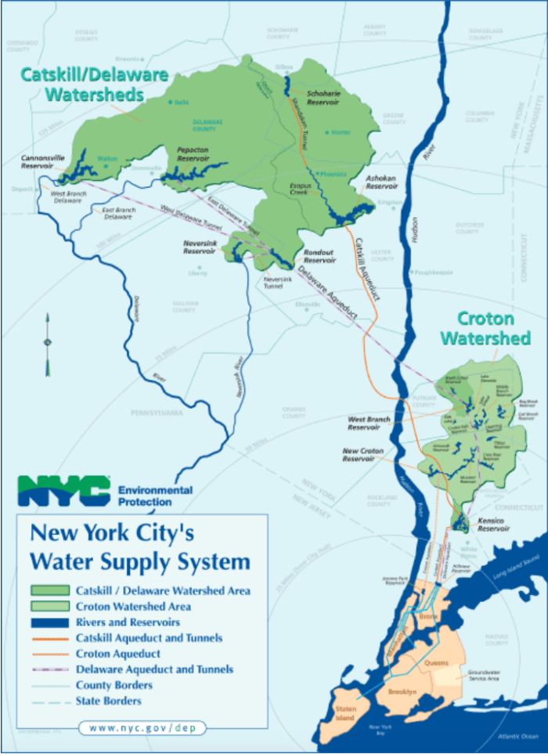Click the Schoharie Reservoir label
tap(323, 97)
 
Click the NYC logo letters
tap(63, 490)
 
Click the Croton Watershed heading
tap(485, 328)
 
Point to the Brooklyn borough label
tap(402, 692)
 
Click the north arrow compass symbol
tap(48, 342)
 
